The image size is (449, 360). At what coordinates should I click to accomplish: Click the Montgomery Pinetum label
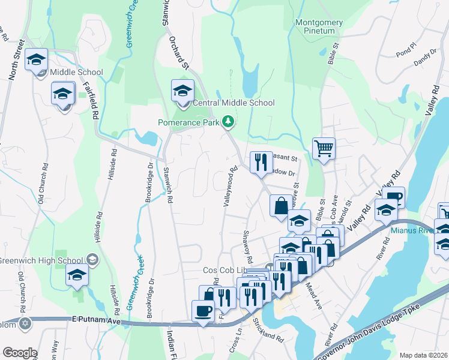(x=319, y=27)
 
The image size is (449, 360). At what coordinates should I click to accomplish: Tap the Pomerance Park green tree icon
(x=228, y=122)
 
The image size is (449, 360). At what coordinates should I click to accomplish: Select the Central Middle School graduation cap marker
(x=183, y=91)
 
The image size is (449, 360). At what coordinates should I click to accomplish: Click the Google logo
(x=20, y=353)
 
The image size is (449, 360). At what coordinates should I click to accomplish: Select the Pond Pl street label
(x=406, y=47)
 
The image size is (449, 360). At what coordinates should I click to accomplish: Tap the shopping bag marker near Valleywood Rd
(x=282, y=206)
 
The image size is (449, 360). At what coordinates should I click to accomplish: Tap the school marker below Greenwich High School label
(x=77, y=277)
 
